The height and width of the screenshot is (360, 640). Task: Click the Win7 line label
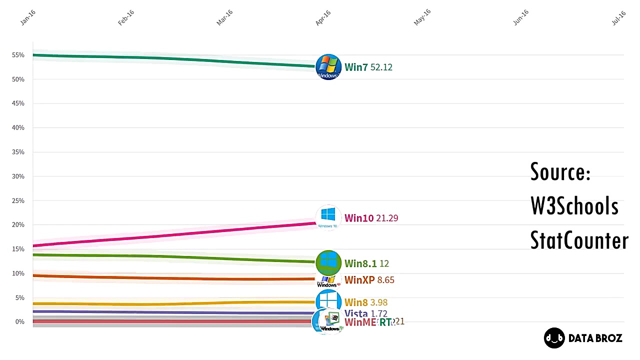(356, 67)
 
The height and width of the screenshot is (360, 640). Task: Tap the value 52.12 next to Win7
(381, 67)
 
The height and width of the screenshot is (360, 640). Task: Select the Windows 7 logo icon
(328, 67)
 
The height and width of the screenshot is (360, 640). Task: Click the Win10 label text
(359, 218)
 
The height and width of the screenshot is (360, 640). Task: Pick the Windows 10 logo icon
(328, 217)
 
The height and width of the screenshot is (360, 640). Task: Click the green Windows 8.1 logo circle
(328, 262)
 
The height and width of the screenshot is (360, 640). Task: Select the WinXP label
(359, 280)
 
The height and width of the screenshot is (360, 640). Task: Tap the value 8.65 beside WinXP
(386, 280)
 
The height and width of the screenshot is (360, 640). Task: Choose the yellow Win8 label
(356, 302)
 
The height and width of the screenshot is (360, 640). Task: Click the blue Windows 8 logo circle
(328, 301)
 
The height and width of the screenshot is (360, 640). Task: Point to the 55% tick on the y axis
(18, 55)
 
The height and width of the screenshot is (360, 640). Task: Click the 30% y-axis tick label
(18, 176)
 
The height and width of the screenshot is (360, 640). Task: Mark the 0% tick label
(20, 322)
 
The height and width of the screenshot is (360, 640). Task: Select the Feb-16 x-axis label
(126, 18)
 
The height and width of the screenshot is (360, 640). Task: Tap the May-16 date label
(422, 18)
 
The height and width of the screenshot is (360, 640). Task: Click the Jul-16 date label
(618, 18)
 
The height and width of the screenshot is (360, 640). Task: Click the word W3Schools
(574, 206)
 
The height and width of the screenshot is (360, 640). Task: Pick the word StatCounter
(579, 240)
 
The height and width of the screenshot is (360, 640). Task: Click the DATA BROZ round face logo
(554, 338)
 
